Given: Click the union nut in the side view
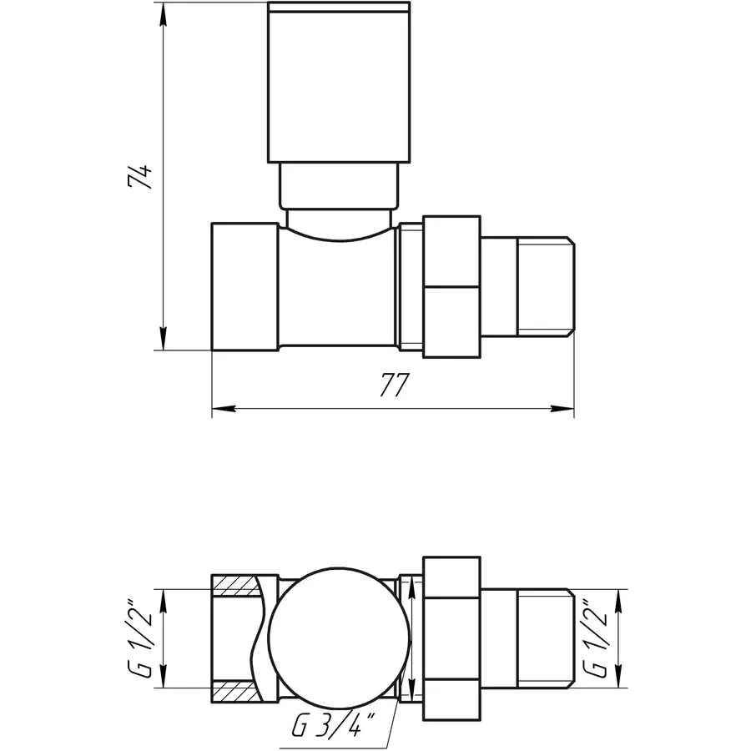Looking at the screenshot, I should (x=451, y=288).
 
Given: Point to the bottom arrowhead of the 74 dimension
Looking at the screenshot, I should (x=164, y=342).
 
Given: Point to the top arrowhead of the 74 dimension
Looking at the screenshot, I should (x=164, y=13).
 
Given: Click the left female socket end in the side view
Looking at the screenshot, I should (x=244, y=288).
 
